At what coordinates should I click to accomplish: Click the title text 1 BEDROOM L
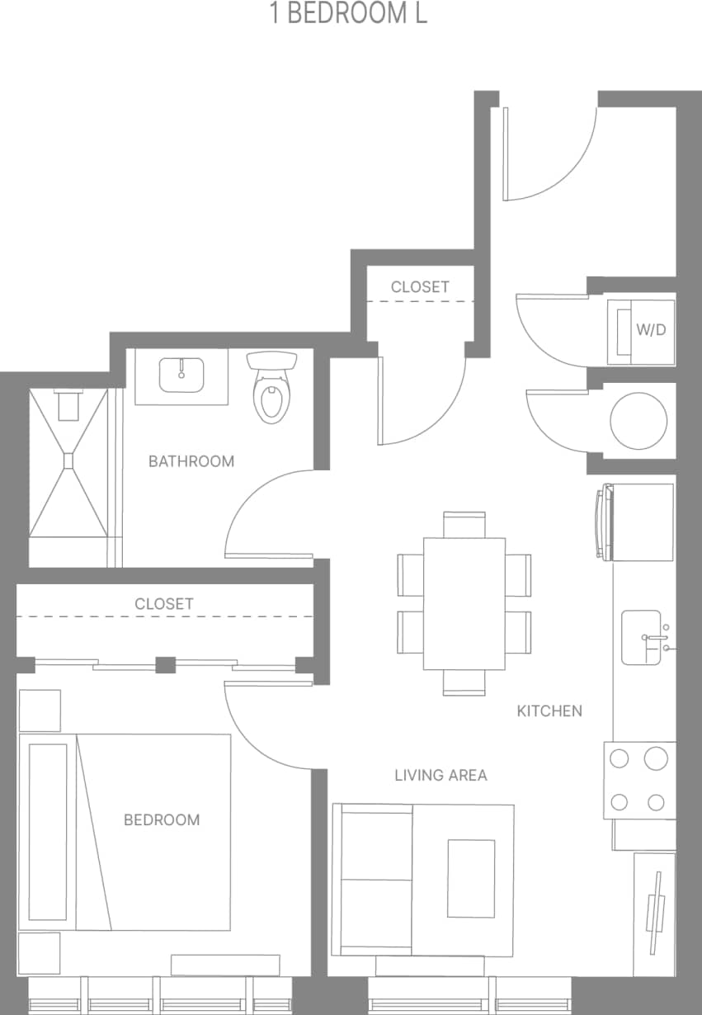click(349, 14)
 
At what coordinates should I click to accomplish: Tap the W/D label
click(650, 330)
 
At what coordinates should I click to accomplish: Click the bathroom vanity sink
click(181, 375)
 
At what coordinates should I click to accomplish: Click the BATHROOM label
click(191, 461)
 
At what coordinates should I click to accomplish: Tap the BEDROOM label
click(162, 819)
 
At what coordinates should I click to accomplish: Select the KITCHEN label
click(549, 710)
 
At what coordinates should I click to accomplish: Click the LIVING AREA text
click(441, 775)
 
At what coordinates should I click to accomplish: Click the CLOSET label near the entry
click(420, 286)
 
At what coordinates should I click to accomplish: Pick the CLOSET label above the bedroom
click(164, 604)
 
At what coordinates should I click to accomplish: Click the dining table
click(464, 603)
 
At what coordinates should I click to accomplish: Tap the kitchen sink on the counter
click(642, 637)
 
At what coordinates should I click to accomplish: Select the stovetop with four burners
click(639, 780)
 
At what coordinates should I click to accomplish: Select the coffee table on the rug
click(471, 878)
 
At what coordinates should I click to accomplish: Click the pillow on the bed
click(48, 832)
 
